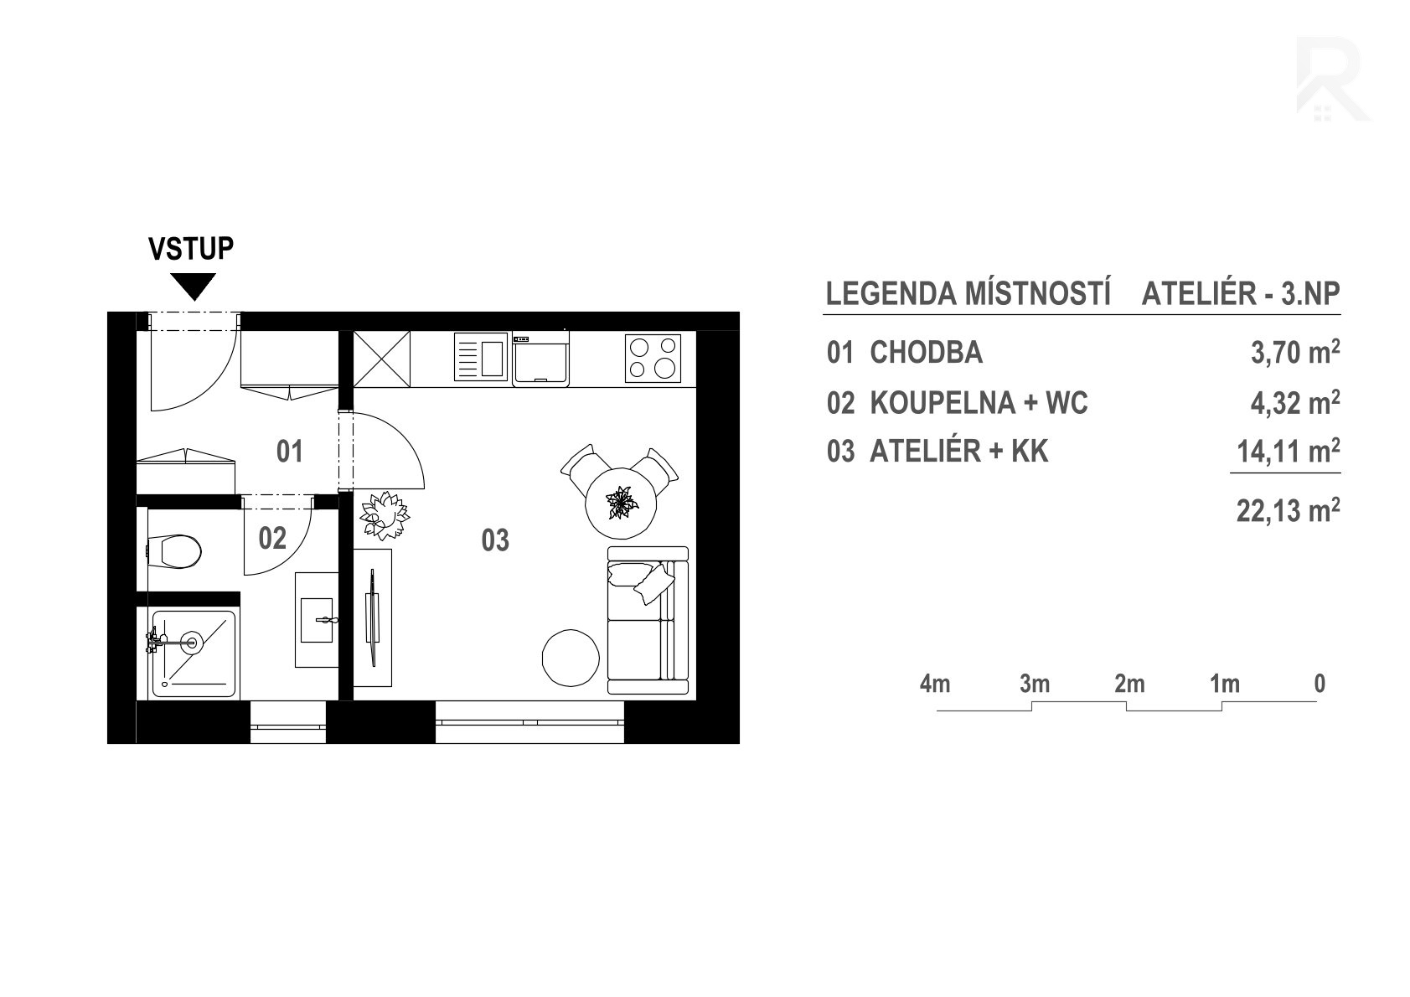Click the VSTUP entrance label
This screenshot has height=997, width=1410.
pyautogui.click(x=191, y=249)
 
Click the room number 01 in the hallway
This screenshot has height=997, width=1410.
pyautogui.click(x=290, y=452)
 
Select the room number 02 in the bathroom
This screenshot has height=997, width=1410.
pyautogui.click(x=272, y=538)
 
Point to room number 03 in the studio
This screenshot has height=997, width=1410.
pyautogui.click(x=495, y=540)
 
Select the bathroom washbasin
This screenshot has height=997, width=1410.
pyautogui.click(x=317, y=620)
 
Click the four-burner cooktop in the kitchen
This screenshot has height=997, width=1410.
pyautogui.click(x=653, y=358)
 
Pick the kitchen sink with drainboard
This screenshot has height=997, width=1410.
pyautogui.click(x=481, y=357)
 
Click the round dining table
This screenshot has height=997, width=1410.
pyautogui.click(x=621, y=503)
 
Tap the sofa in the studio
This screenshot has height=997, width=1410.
pyautogui.click(x=648, y=621)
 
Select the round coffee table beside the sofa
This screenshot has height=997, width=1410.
pyautogui.click(x=571, y=658)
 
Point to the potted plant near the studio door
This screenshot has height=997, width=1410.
pyautogui.click(x=384, y=515)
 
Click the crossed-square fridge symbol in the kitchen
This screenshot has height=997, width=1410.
pyautogui.click(x=381, y=359)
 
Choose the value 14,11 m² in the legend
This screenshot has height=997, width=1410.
pyautogui.click(x=1288, y=451)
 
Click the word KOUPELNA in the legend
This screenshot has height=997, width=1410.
pyautogui.click(x=943, y=403)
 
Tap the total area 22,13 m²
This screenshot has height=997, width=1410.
pyautogui.click(x=1288, y=510)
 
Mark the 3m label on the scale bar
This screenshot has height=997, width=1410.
pyautogui.click(x=1035, y=684)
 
